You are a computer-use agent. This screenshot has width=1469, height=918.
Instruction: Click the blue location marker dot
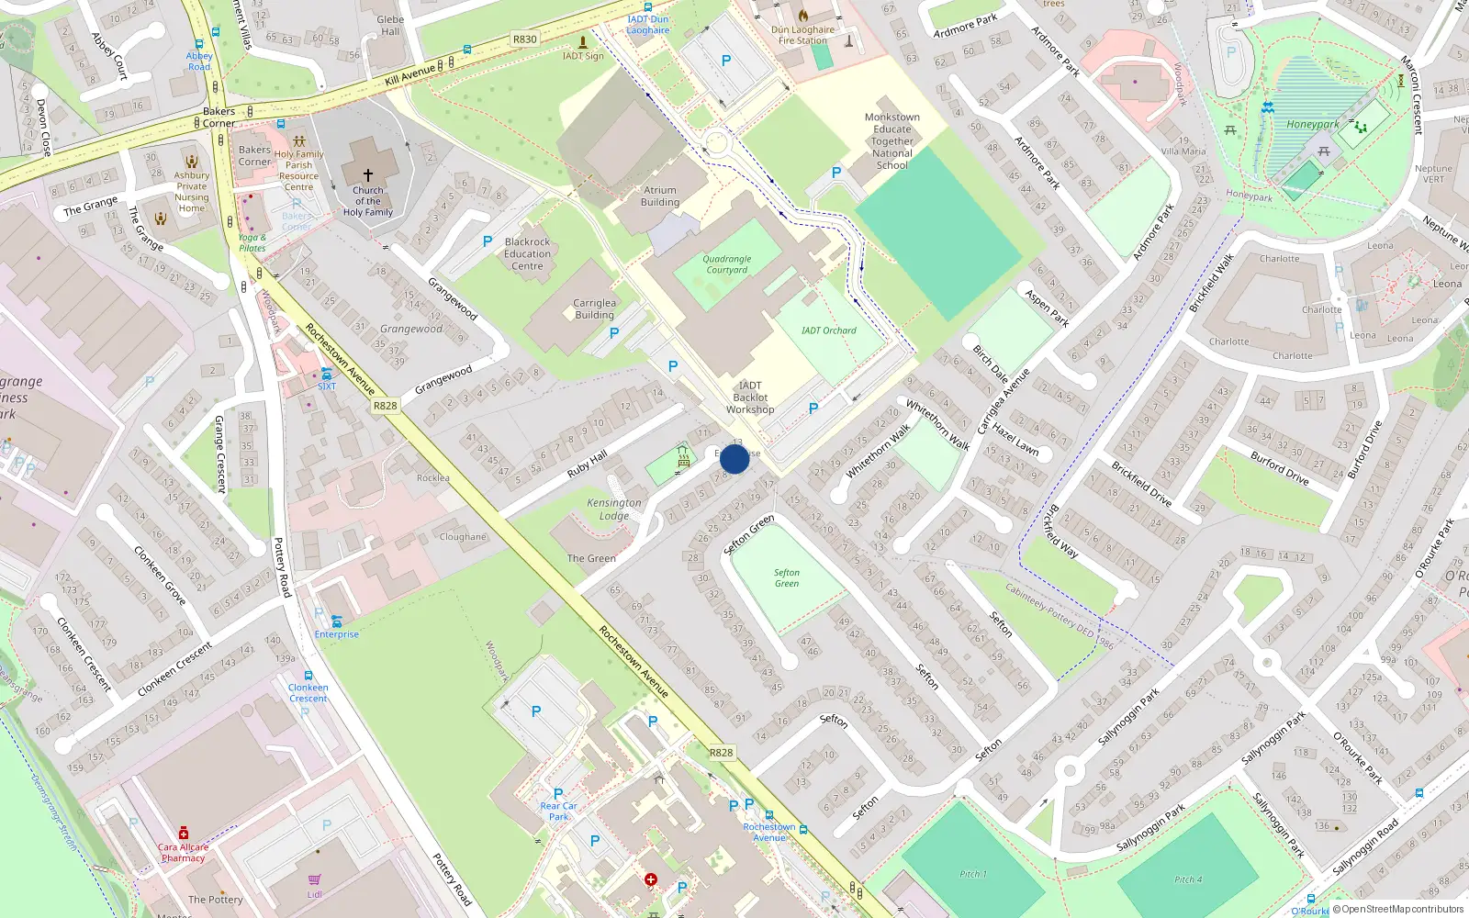click(x=734, y=459)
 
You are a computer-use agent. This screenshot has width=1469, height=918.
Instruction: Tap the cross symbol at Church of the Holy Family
click(x=368, y=174)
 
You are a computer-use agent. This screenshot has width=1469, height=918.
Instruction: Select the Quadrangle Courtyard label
click(x=727, y=264)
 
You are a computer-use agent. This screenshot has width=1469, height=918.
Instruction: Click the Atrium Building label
click(x=660, y=196)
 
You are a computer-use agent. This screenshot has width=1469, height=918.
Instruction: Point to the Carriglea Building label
click(x=594, y=308)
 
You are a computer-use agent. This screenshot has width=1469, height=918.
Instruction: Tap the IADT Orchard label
click(x=828, y=330)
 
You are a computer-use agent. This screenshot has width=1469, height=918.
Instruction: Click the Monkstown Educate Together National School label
click(x=891, y=141)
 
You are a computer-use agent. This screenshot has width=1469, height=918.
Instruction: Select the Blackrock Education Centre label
click(x=527, y=254)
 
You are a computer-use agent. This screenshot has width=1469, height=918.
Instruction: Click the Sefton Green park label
click(x=787, y=577)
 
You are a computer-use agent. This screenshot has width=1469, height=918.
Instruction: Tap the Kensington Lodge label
click(x=614, y=509)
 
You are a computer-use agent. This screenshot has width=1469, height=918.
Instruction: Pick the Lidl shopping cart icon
click(x=315, y=879)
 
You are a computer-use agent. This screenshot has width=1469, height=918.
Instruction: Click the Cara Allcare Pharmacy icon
click(x=184, y=833)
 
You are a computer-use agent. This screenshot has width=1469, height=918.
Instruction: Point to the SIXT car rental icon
click(x=327, y=374)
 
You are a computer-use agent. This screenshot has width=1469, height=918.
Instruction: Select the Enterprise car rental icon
click(x=336, y=621)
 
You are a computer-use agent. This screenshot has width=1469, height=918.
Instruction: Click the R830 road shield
click(x=525, y=39)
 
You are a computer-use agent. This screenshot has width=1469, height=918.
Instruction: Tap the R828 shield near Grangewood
click(x=386, y=406)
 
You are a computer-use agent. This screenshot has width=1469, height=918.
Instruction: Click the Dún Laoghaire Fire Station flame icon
click(x=803, y=16)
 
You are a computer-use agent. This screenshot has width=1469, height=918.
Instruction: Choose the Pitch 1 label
click(x=973, y=874)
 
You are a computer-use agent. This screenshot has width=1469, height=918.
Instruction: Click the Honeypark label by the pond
click(x=1312, y=124)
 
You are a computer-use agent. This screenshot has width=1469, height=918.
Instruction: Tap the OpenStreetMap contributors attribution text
click(x=1402, y=910)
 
